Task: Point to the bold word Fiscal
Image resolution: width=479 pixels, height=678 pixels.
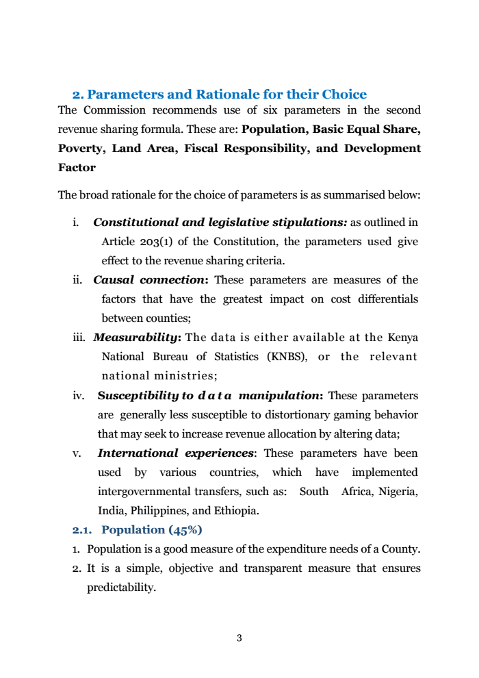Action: (x=204, y=149)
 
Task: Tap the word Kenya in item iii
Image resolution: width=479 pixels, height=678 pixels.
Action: (x=402, y=338)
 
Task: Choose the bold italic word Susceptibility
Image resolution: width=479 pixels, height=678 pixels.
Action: (x=138, y=396)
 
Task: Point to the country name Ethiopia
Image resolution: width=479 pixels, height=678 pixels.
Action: (x=234, y=511)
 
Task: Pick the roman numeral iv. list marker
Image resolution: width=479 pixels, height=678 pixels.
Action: (x=77, y=396)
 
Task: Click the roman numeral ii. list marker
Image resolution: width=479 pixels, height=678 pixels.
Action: (x=78, y=280)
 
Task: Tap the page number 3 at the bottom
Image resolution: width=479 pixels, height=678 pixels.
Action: (x=239, y=639)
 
